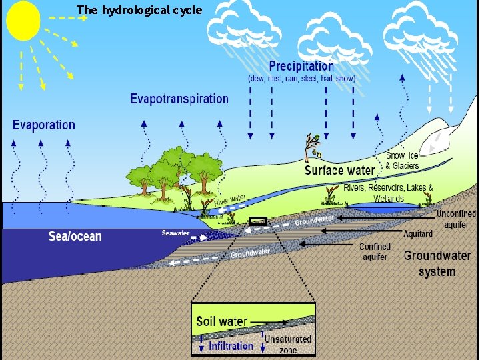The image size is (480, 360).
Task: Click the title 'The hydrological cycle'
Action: tap(139, 10)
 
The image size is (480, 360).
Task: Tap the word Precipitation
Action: tap(301, 66)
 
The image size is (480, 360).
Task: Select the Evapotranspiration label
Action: tap(179, 99)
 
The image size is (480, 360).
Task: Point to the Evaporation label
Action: tap(44, 125)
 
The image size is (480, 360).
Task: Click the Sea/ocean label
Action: tap(75, 236)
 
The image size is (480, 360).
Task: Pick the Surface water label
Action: tap(339, 171)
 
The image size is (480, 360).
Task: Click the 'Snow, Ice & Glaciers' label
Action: tap(403, 161)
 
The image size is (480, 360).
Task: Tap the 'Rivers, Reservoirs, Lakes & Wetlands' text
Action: tap(388, 193)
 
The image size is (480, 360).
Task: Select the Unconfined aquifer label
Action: tap(456, 219)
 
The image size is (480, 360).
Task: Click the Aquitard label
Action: tap(418, 234)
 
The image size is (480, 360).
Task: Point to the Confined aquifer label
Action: tap(375, 251)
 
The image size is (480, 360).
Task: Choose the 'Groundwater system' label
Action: tap(437, 263)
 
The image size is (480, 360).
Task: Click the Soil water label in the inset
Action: tap(221, 321)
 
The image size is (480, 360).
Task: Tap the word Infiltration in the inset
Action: tap(231, 346)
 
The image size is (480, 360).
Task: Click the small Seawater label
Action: tap(176, 233)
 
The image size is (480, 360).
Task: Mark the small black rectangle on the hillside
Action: tap(258, 221)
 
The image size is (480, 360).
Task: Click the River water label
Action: tap(229, 199)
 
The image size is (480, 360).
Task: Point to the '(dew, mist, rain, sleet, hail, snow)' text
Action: tap(301, 78)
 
